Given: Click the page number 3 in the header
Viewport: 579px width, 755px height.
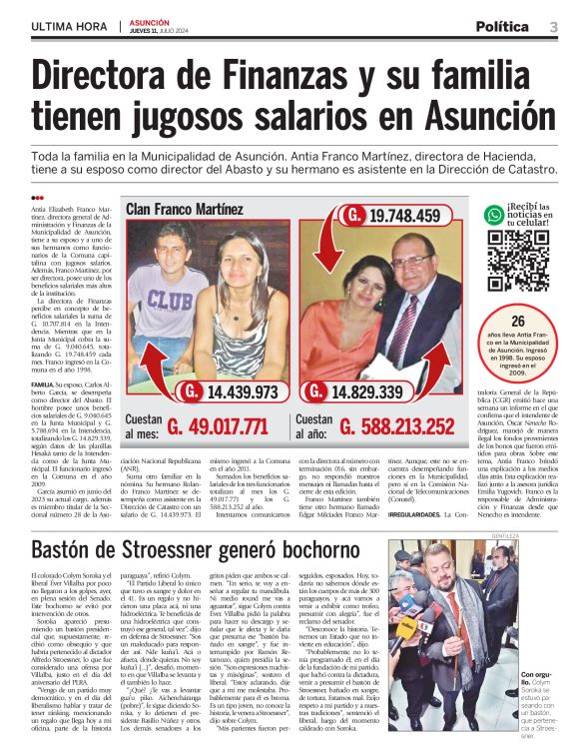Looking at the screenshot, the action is pos(553,26).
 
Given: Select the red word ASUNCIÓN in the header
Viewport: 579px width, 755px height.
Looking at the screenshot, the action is pos(149,21).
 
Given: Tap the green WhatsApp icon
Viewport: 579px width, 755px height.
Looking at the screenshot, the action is pos(493,215).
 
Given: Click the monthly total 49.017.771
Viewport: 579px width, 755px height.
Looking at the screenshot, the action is pos(217,427).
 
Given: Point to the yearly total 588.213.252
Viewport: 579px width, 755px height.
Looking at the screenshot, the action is pos(395,427).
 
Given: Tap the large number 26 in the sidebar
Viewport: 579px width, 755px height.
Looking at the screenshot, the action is pos(517,323).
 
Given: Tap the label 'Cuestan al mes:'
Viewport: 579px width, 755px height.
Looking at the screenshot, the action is pos(143,427).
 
